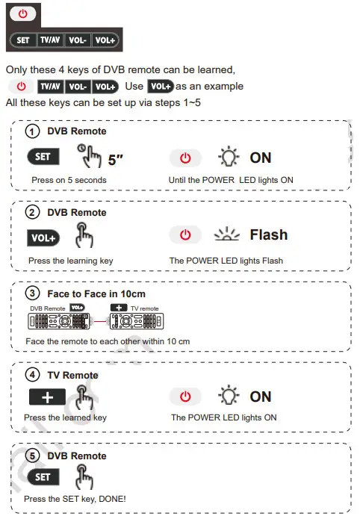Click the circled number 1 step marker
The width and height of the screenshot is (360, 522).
point(32,131)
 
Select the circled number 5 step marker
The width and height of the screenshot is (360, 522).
point(32,456)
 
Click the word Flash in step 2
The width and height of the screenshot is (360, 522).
point(269,234)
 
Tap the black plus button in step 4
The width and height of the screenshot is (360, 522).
point(47,397)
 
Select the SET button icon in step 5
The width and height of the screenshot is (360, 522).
point(43,476)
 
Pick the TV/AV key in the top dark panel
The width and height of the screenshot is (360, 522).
point(51,39)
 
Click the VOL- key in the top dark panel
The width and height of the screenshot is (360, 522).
point(78,39)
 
